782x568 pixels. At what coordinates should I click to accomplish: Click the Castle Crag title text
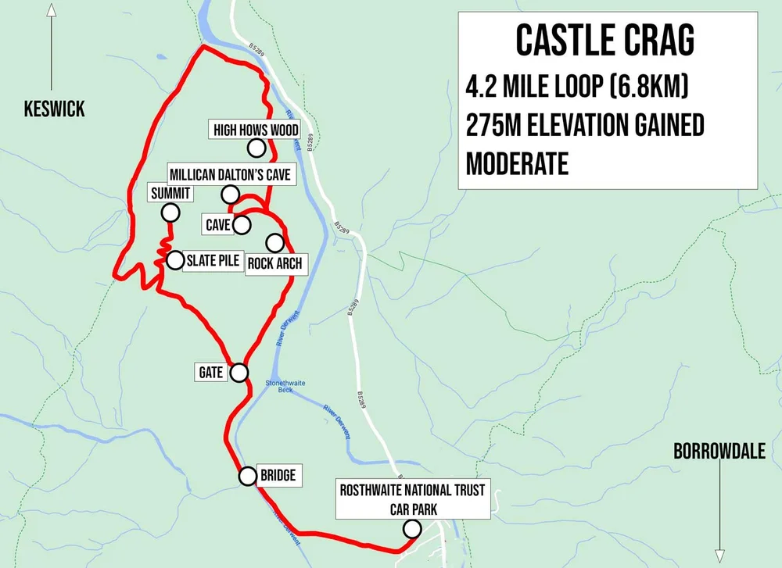coord(605,41)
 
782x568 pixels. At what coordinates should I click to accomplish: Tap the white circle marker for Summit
coord(170,212)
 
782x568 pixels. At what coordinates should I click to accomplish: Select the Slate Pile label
coord(211,261)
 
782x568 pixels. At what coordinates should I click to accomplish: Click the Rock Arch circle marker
coord(275,242)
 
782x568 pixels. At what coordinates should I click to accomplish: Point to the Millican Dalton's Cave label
coord(231,174)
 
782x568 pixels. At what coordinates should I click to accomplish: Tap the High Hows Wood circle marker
coord(256,147)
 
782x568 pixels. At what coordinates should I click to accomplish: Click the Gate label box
coord(210,373)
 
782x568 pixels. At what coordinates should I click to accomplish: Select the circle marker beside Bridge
coord(248,476)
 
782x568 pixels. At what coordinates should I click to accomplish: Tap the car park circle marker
coord(411,530)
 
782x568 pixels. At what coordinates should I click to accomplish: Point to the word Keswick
coord(54,109)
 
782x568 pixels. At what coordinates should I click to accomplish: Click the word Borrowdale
coord(719,452)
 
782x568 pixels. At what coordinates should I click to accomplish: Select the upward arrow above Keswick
coord(52,47)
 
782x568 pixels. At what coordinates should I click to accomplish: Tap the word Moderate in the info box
coord(517,163)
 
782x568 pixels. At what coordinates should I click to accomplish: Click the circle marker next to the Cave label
coord(241,225)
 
